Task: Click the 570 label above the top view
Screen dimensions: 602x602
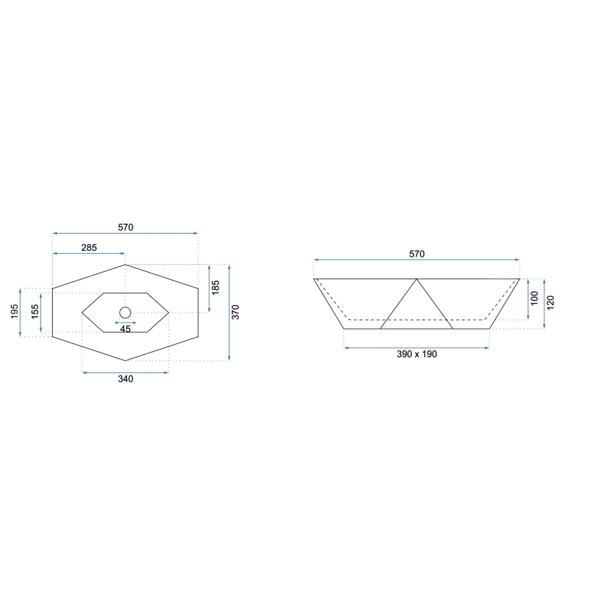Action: (125, 227)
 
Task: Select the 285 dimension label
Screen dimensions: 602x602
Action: (89, 248)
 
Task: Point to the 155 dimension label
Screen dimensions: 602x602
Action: (35, 312)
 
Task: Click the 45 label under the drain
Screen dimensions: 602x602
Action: (126, 329)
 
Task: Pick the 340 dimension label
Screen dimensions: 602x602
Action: (126, 379)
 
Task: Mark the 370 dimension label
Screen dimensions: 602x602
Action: (236, 312)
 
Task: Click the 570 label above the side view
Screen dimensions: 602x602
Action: (416, 254)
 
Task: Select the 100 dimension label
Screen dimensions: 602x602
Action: (534, 300)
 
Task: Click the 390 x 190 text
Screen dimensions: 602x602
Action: (417, 354)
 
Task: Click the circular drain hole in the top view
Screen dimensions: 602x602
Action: (126, 313)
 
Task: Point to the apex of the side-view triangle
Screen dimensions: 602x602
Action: (417, 279)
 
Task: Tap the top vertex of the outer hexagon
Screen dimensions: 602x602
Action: (126, 264)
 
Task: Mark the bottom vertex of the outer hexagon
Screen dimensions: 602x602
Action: (126, 361)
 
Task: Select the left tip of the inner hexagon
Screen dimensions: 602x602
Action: (82, 313)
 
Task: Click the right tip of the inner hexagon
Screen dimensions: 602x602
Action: (169, 313)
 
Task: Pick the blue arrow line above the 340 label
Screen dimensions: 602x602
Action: (126, 372)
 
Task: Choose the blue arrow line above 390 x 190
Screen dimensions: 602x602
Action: (417, 345)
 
